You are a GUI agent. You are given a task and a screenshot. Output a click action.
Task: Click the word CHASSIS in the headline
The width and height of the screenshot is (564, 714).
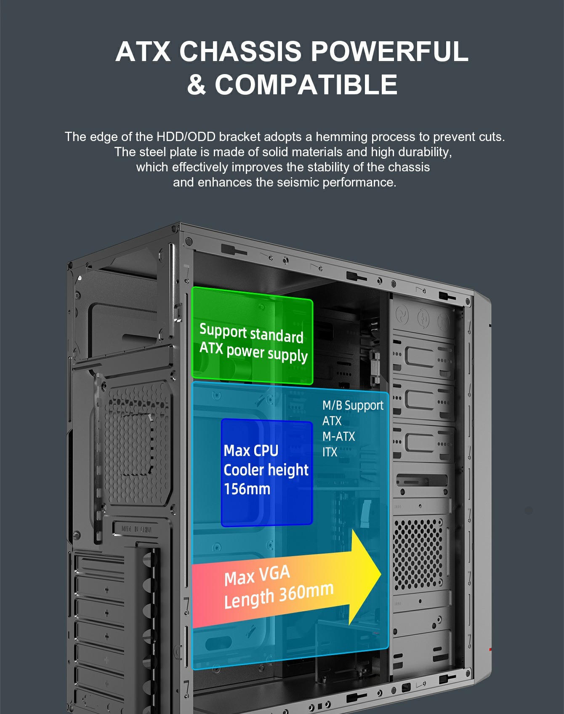(x=240, y=51)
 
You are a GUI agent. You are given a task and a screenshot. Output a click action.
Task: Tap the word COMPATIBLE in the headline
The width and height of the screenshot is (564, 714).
(x=306, y=85)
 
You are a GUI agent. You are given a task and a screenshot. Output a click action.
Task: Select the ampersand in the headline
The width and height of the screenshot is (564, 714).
(x=196, y=85)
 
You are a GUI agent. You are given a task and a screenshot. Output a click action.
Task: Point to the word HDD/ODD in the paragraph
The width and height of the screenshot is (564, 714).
(x=186, y=137)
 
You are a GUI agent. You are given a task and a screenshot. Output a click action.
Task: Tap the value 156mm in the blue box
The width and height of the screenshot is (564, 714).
(x=247, y=489)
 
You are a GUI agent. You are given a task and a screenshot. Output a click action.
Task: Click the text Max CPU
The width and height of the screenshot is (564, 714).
(x=251, y=450)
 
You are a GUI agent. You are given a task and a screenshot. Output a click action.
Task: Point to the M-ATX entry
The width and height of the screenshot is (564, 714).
(x=338, y=437)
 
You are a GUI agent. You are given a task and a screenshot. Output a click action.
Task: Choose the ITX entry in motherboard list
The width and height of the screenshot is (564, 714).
(x=330, y=452)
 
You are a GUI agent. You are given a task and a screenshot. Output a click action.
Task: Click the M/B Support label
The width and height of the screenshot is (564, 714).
(x=353, y=405)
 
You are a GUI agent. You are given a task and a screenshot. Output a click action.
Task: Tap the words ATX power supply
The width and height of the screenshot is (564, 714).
(x=253, y=352)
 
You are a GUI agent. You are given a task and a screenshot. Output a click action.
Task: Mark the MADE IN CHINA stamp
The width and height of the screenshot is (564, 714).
(x=137, y=529)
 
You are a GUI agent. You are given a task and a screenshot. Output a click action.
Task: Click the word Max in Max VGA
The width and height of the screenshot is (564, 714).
(x=239, y=578)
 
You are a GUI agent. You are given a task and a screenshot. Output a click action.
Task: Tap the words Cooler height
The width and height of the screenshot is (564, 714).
(x=266, y=470)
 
